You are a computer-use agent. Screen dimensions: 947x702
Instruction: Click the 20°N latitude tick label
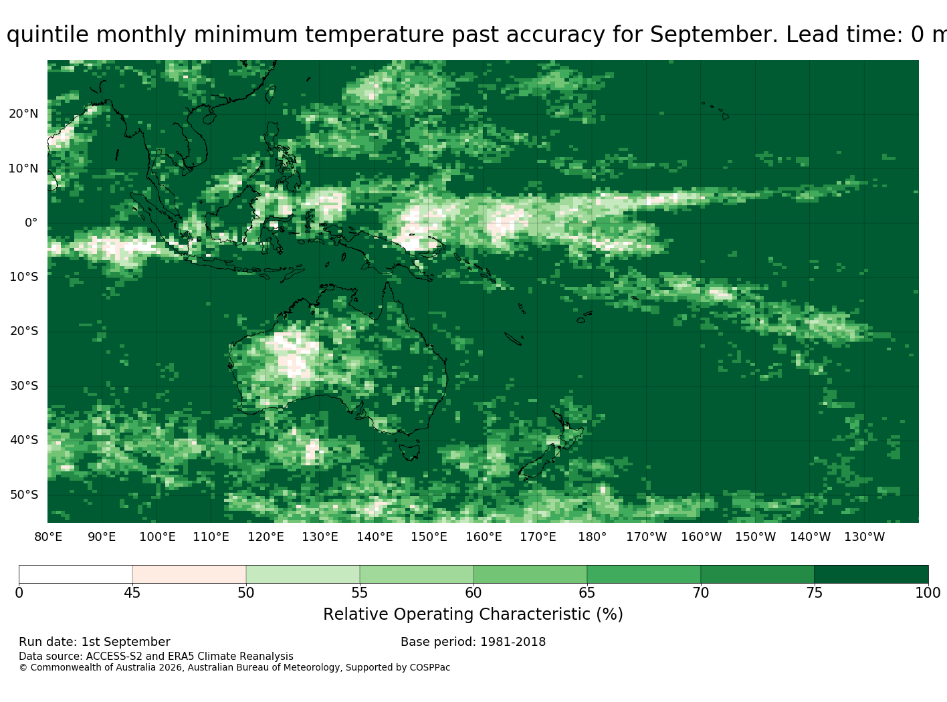[23, 114]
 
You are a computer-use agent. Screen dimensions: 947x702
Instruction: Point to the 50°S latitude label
[24, 495]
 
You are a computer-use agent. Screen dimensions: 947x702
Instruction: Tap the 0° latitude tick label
[31, 223]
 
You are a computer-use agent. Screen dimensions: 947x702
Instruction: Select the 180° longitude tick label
[592, 537]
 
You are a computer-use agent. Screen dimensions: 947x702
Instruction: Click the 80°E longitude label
[48, 537]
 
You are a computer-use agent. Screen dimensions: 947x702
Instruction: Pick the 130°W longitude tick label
[865, 537]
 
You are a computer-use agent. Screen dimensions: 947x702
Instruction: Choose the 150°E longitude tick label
[429, 537]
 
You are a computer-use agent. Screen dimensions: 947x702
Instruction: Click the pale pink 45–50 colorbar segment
[189, 574]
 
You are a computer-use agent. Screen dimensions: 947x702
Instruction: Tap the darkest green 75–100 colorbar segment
[871, 574]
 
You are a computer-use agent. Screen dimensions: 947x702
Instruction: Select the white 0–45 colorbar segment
[76, 574]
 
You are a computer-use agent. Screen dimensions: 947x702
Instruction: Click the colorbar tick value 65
[587, 592]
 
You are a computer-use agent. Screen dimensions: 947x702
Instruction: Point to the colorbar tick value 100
[928, 592]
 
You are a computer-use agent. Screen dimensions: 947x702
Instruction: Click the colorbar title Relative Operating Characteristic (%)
[473, 614]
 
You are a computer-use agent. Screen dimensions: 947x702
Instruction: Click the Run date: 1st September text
[94, 642]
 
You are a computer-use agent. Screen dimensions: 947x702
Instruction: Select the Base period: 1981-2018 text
[473, 642]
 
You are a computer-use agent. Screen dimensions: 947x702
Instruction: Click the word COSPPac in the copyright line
[429, 667]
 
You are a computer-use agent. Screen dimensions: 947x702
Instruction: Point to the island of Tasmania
[409, 452]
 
